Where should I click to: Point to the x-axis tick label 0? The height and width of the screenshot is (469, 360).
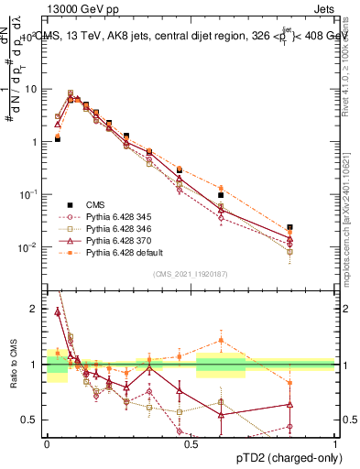(47, 444)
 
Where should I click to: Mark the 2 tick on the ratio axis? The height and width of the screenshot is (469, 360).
(38, 309)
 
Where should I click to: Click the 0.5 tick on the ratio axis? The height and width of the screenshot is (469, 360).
(34, 420)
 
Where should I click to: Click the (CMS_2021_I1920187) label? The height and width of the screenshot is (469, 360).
(191, 273)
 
